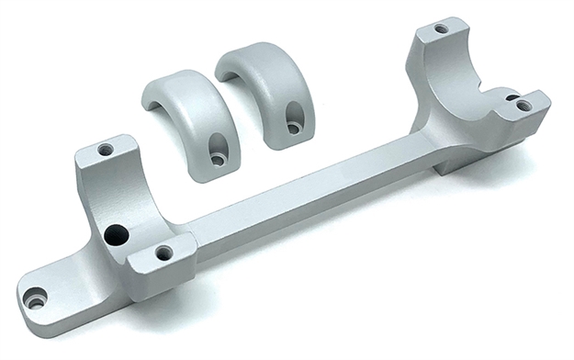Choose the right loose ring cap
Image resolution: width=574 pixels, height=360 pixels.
[268, 92]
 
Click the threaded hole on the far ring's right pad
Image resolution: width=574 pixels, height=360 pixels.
[523, 106]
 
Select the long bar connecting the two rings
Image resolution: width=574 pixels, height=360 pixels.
[312, 197]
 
